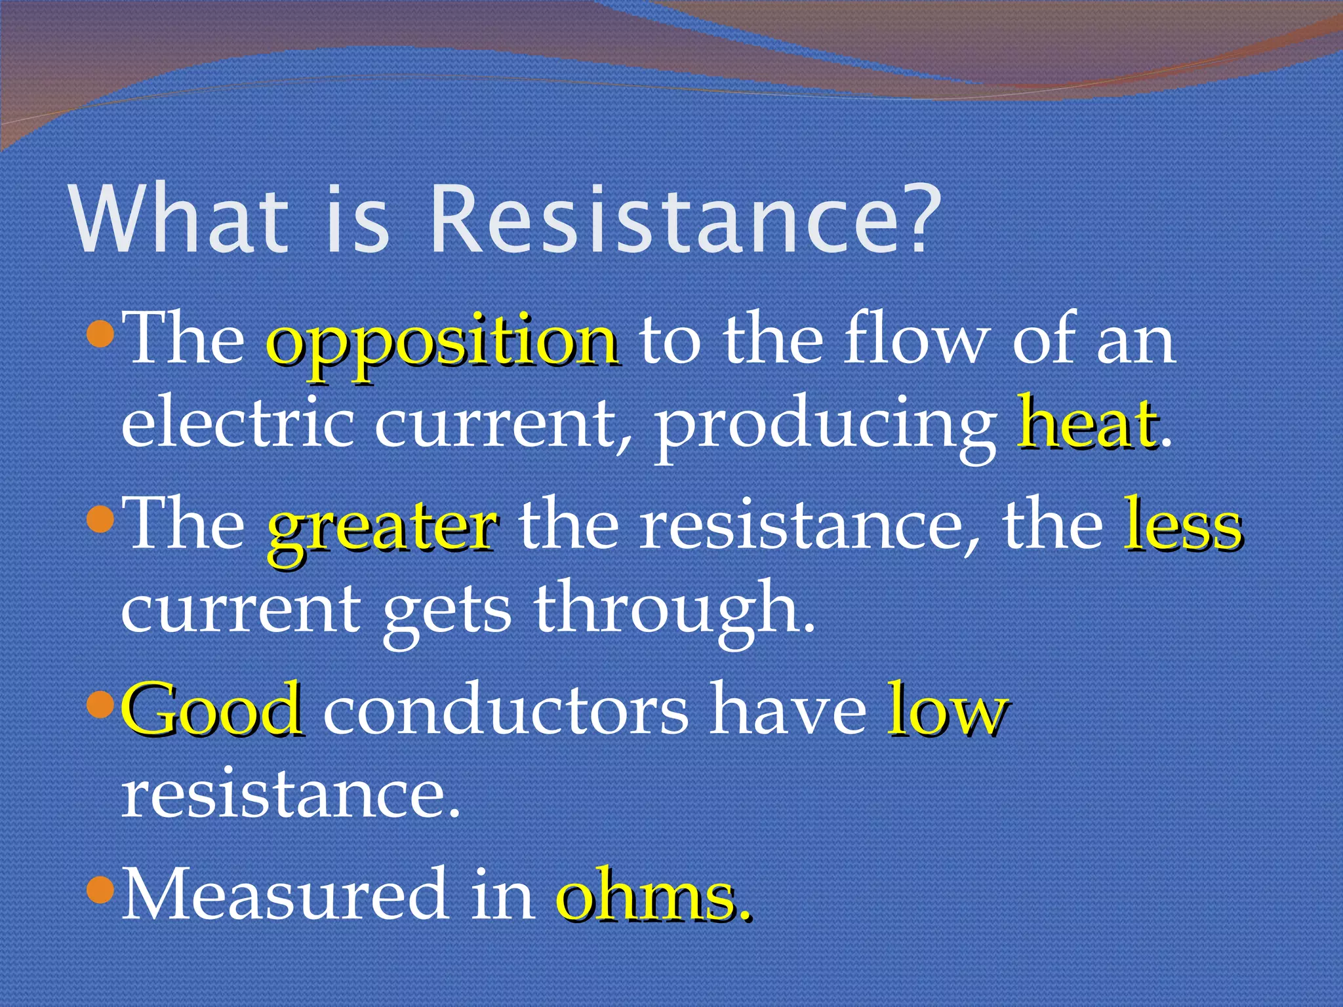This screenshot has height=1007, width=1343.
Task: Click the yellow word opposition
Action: pos(443,344)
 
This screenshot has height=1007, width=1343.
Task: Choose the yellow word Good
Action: pos(213,711)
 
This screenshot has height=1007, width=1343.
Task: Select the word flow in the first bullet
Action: pos(915,341)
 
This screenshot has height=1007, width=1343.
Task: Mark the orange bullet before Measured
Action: pos(101,892)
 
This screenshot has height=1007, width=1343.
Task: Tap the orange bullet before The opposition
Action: pos(101,337)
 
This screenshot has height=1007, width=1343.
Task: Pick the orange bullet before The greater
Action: pos(101,522)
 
